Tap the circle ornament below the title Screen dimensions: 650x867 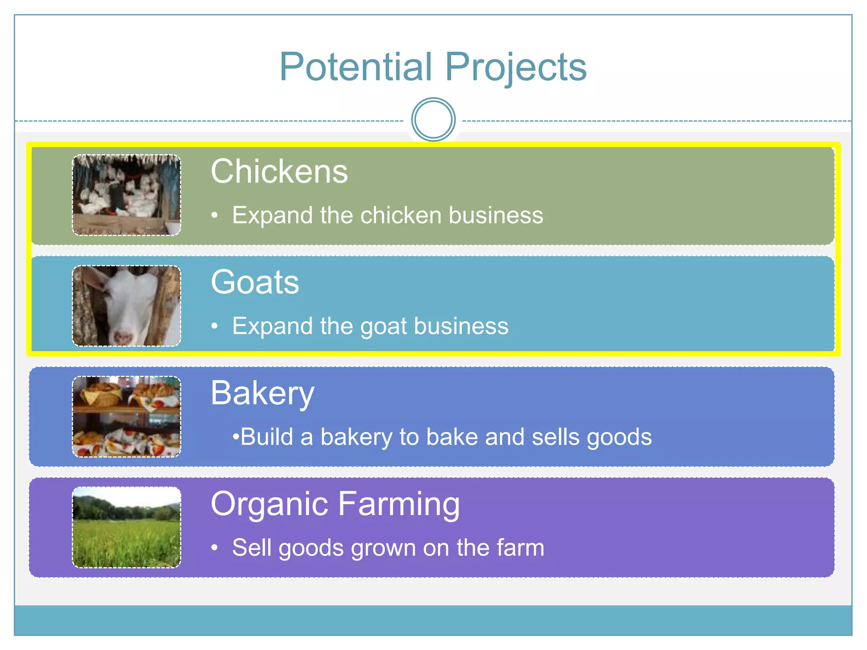tap(433, 120)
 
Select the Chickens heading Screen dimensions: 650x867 tap(279, 171)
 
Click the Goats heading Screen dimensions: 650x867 tap(255, 282)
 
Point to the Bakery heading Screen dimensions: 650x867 tap(262, 394)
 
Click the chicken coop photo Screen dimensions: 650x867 tap(127, 195)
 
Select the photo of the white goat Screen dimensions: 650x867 tap(127, 306)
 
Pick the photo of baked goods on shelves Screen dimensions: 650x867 tap(127, 417)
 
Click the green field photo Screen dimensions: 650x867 tap(127, 527)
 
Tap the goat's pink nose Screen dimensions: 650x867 tap(124, 337)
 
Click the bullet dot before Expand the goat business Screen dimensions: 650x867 tap(215, 326)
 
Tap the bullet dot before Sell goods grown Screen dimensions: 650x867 tap(215, 548)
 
